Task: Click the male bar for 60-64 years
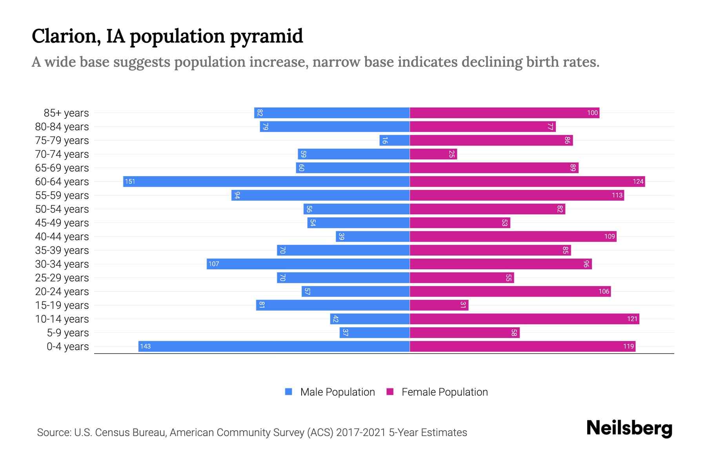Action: click(267, 181)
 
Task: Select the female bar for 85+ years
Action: click(504, 113)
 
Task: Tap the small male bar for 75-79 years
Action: click(395, 141)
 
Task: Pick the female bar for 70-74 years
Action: click(433, 154)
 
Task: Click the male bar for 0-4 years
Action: click(274, 346)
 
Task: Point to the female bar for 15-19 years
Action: click(439, 305)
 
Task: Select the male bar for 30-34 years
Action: click(308, 264)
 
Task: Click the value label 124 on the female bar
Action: click(638, 181)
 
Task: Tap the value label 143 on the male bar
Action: click(145, 346)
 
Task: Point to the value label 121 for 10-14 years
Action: click(632, 319)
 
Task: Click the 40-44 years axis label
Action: click(62, 237)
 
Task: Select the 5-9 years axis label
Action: click(67, 333)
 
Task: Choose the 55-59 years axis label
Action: click(62, 195)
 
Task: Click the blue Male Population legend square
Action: click(289, 392)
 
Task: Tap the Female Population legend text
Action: click(444, 392)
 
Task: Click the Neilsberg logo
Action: click(629, 428)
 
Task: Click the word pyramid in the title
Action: click(266, 37)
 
